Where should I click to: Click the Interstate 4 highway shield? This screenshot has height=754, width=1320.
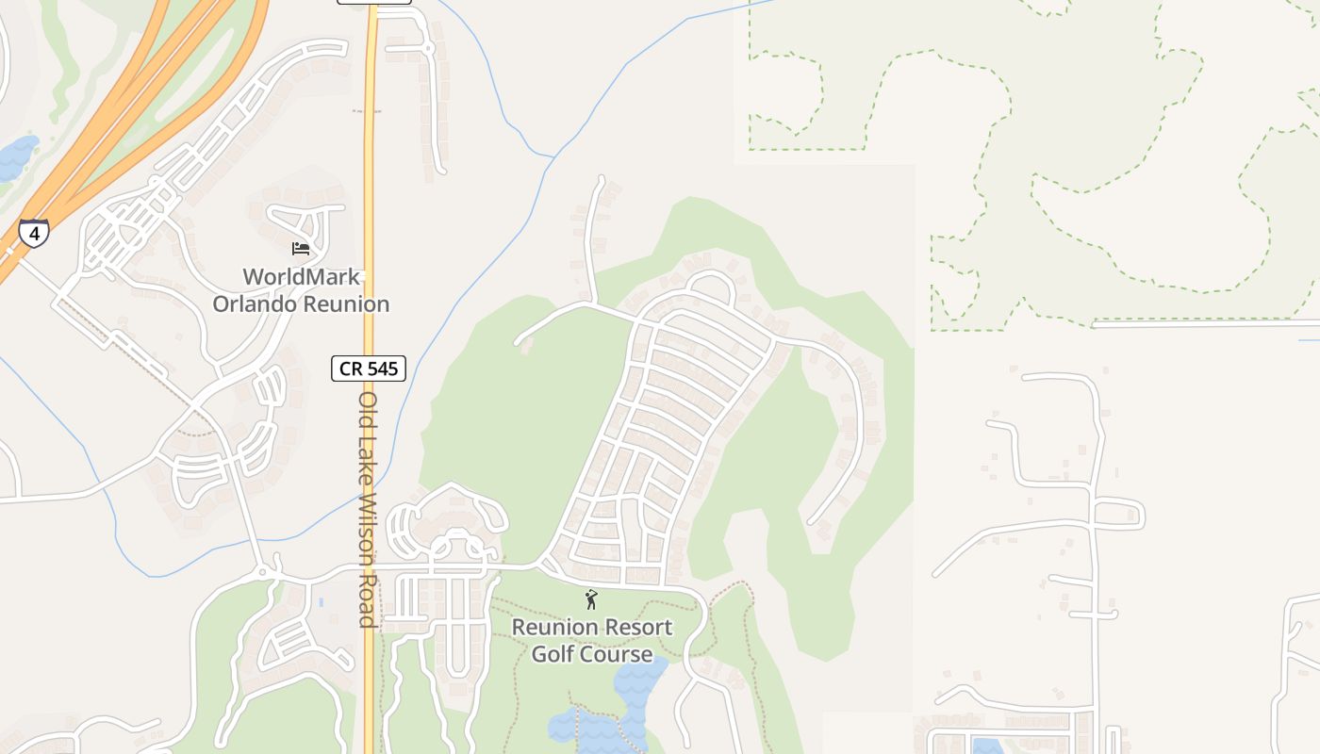point(34,233)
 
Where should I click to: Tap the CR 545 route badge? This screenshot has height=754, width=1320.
point(369,369)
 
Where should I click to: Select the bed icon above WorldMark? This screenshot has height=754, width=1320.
point(301,249)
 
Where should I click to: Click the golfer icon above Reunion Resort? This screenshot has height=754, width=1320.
point(591,599)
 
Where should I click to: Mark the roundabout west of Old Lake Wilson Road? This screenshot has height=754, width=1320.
point(263,572)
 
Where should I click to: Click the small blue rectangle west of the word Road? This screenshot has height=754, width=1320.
point(322,601)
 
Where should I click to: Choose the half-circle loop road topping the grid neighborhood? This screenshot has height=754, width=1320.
point(713,283)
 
